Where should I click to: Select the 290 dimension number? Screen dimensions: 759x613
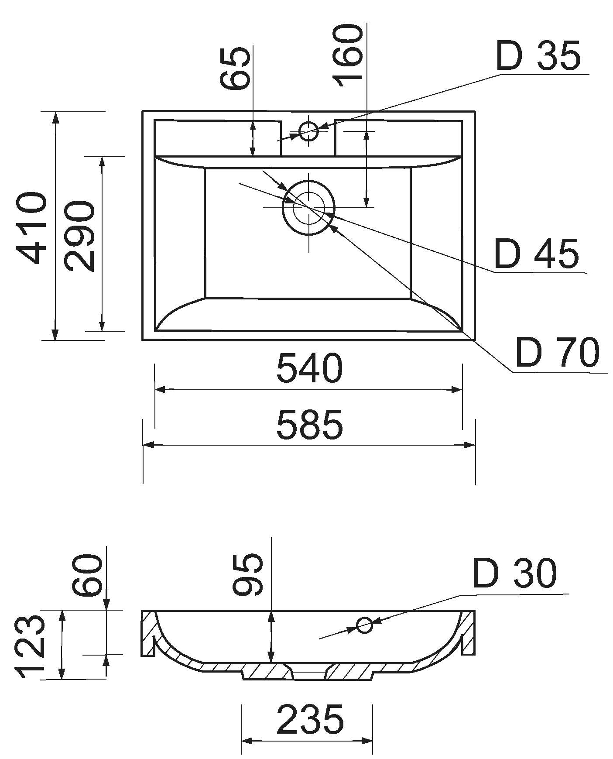coord(79,236)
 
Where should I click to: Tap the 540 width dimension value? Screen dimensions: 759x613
coord(309,368)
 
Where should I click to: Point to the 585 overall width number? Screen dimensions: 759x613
coord(309,424)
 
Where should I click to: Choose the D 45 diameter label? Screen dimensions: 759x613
coord(536,254)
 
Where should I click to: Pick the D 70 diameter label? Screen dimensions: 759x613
coord(557,353)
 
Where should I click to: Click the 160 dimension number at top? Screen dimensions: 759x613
coord(348,56)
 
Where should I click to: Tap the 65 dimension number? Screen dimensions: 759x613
coord(236,68)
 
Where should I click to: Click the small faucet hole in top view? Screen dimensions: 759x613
coord(309,131)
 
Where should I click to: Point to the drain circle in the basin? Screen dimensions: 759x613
coord(309,207)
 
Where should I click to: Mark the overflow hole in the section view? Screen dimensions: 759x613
coord(364,625)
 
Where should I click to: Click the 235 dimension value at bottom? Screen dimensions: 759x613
coord(310,719)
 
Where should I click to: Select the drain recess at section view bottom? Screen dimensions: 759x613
coord(308,676)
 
